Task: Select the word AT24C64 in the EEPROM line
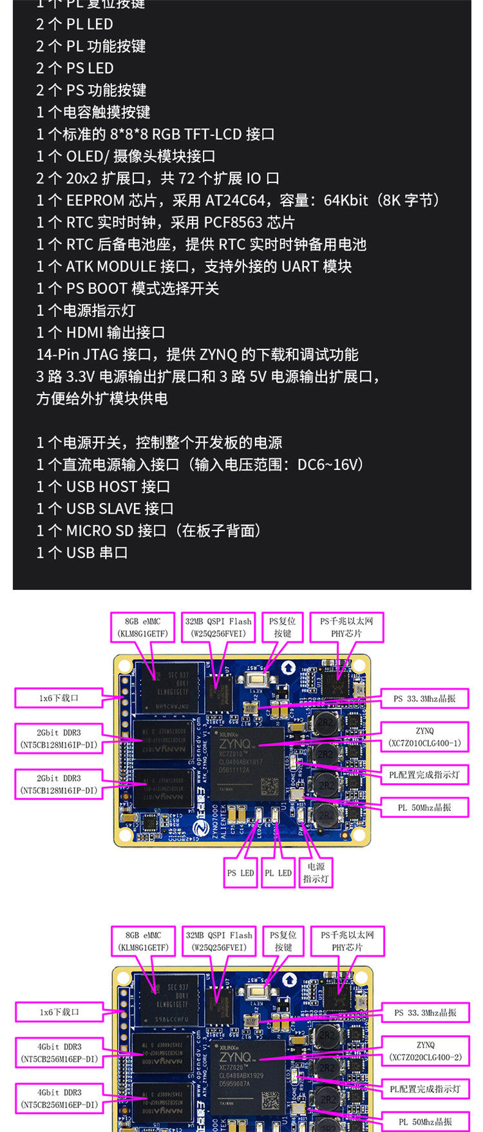(240, 200)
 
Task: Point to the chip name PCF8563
(233, 222)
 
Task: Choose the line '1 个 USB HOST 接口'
(103, 487)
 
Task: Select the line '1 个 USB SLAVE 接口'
(105, 509)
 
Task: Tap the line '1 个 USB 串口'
(82, 552)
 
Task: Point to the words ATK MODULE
(111, 266)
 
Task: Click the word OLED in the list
(84, 156)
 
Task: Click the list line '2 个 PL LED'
(75, 24)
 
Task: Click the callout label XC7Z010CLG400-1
(424, 743)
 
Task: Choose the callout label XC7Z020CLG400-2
(425, 1057)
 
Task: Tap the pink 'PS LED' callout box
(240, 873)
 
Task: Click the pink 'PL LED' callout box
(278, 873)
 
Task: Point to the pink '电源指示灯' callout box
(316, 872)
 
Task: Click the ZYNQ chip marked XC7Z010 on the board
(249, 765)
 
